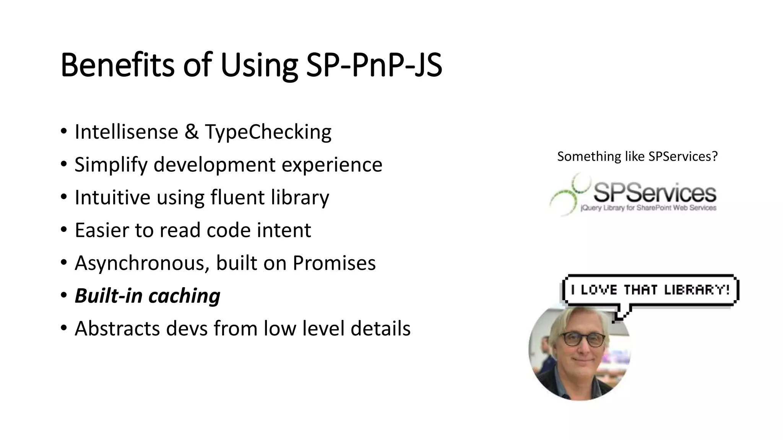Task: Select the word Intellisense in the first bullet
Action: tap(126, 132)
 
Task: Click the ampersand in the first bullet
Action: tap(191, 132)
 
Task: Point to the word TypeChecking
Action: tap(268, 133)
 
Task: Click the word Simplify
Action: tap(110, 165)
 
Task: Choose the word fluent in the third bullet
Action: tap(237, 197)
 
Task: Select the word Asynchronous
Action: tap(142, 264)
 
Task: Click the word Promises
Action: tap(334, 263)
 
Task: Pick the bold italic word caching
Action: tap(184, 296)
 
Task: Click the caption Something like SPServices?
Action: tap(637, 157)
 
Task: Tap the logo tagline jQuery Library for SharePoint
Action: tap(648, 208)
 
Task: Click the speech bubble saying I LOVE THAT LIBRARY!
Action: tap(650, 290)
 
